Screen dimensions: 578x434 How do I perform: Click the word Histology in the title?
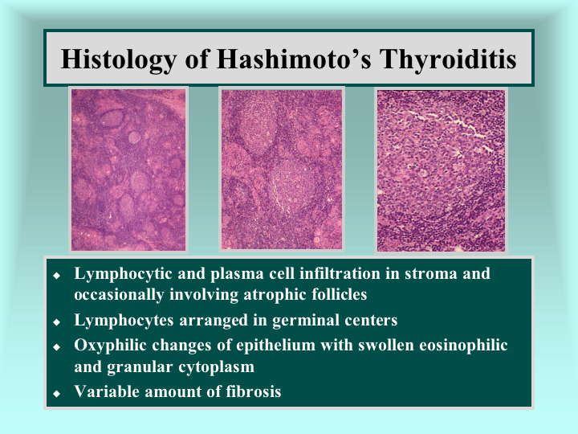119,59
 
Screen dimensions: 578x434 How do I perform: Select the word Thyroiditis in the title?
448,59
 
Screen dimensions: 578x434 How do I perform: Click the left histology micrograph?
128,170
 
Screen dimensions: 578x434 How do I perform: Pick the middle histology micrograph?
282,170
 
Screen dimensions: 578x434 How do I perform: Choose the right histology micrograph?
441,170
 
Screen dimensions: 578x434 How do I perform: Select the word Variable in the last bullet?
107,391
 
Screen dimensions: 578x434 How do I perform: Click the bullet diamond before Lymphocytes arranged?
56,322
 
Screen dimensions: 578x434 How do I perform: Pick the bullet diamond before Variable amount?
56,393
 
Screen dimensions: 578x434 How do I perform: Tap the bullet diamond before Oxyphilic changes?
56,347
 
